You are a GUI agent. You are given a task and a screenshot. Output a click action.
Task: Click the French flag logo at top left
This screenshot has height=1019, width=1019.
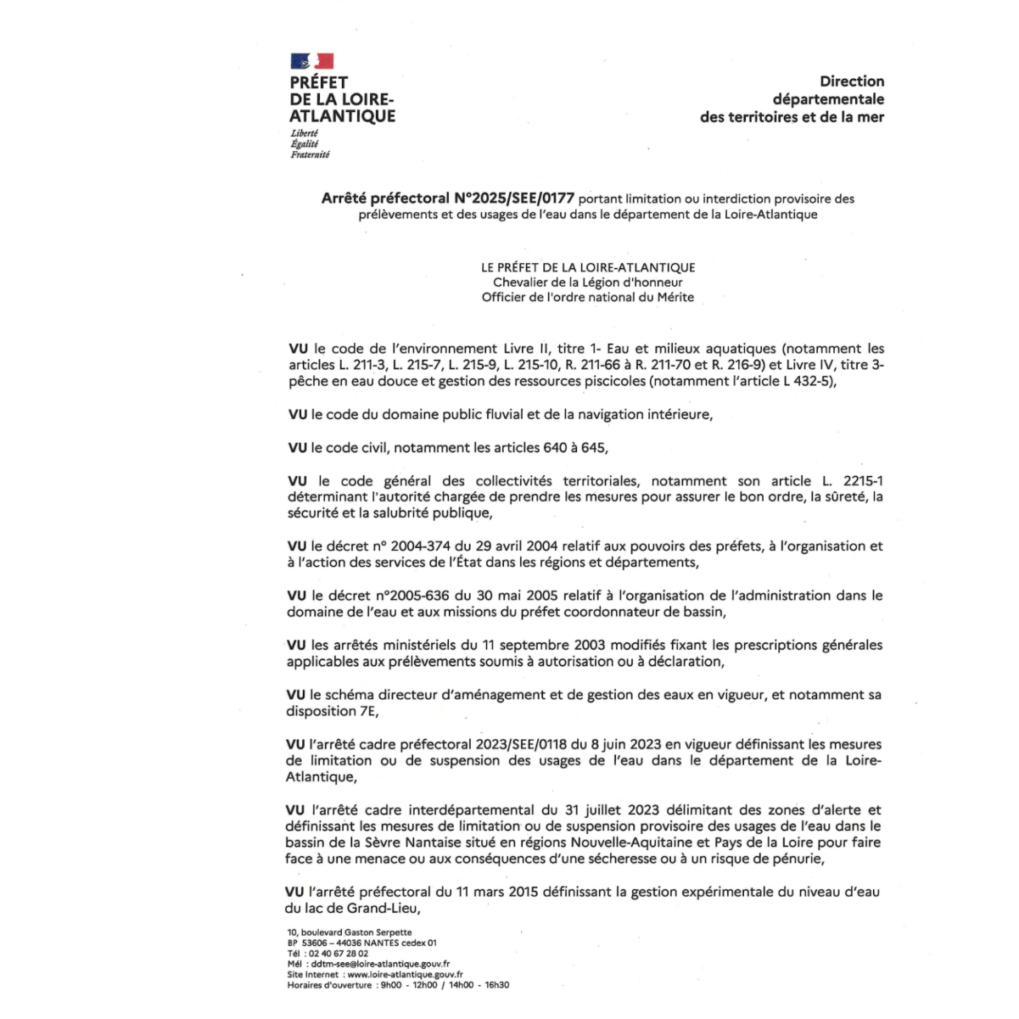pyautogui.click(x=311, y=61)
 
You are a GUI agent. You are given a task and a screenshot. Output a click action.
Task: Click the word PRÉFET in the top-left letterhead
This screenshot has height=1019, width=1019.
pyautogui.click(x=319, y=82)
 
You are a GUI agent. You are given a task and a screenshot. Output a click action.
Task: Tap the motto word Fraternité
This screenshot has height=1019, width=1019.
pyautogui.click(x=310, y=154)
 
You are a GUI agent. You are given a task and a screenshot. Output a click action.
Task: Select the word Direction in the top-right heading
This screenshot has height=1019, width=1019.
pyautogui.click(x=852, y=81)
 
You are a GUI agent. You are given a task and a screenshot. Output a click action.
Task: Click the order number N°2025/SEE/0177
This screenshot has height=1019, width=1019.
pyautogui.click(x=514, y=199)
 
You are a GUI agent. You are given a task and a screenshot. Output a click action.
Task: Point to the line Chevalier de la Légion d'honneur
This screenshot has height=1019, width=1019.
pyautogui.click(x=587, y=283)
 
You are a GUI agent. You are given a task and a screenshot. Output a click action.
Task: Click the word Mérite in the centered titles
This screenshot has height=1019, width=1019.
pyautogui.click(x=675, y=297)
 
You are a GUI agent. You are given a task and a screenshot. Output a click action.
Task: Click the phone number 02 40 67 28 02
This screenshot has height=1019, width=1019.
pyautogui.click(x=339, y=954)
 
